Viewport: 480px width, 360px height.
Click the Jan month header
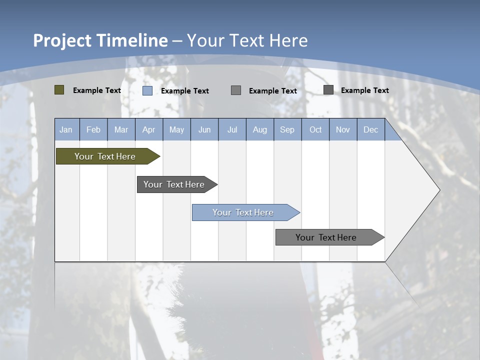pos(66,129)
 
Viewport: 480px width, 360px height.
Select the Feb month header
pos(93,129)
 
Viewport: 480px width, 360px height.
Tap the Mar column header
pos(121,129)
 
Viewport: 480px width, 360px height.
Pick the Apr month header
pos(149,129)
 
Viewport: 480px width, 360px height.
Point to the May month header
pos(176,129)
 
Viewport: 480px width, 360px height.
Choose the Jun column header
pos(204,129)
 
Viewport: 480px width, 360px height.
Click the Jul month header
pos(232,129)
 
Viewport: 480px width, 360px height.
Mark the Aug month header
pos(260,129)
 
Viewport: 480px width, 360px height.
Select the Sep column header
pos(287,129)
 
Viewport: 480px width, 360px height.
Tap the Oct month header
pos(315,129)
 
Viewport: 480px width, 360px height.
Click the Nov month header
pos(343,129)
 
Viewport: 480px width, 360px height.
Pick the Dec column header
pos(371,129)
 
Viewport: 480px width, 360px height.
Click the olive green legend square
pos(59,90)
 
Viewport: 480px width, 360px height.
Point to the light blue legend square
pos(147,90)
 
